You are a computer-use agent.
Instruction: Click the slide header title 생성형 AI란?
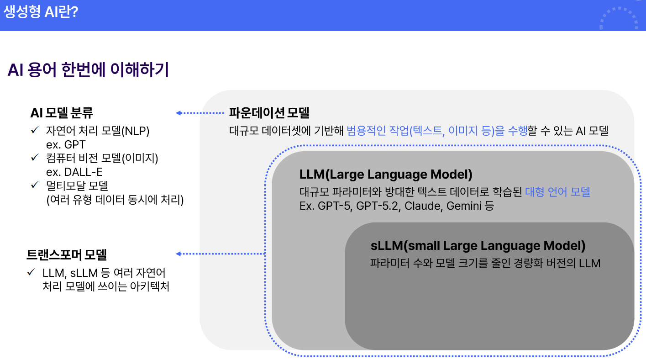click(41, 12)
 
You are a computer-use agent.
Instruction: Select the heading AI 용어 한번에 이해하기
click(88, 70)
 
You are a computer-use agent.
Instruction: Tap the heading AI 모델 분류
click(62, 113)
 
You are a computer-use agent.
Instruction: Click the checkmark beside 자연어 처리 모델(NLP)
click(35, 131)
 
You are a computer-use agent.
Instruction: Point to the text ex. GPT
click(66, 145)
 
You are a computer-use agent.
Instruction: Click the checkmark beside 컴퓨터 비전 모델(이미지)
click(35, 158)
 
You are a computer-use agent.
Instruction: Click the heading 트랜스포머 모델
click(67, 254)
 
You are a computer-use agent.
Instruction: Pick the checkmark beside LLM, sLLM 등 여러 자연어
click(31, 272)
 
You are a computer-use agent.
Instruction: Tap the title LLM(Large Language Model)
click(386, 175)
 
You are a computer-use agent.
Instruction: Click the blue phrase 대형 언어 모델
click(557, 192)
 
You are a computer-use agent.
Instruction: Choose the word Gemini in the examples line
click(464, 206)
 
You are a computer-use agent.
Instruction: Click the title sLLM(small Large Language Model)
click(478, 246)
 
